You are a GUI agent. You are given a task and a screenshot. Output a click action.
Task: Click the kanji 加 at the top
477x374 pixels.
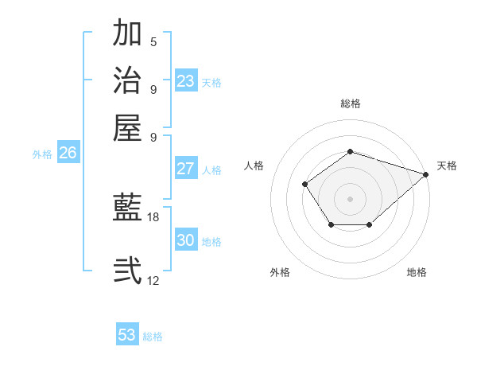tap(127, 33)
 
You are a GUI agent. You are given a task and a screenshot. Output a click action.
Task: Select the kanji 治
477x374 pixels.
tap(127, 80)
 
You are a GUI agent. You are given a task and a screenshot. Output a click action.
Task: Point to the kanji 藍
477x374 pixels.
tap(127, 208)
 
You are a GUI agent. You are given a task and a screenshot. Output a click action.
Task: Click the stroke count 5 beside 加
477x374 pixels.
tap(153, 41)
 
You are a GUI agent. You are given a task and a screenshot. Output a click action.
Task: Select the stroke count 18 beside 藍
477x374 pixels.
tap(153, 216)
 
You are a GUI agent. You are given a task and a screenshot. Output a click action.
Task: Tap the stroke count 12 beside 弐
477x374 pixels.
tap(153, 279)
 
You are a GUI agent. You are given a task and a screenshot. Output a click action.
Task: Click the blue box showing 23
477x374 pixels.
tap(186, 81)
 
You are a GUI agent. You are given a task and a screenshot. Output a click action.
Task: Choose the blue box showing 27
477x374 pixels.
tap(186, 169)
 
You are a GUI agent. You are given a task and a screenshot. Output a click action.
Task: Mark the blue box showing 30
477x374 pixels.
tap(186, 240)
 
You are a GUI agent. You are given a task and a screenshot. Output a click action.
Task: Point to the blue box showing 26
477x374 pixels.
tap(68, 153)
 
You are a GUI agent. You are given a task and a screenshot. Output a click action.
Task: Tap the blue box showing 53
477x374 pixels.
tap(127, 335)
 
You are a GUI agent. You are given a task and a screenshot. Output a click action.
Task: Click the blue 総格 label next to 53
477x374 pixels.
tap(153, 337)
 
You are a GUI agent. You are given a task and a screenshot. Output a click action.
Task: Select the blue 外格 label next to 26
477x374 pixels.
tap(42, 154)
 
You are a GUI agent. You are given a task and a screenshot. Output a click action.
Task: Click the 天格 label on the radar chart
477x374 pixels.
tap(447, 166)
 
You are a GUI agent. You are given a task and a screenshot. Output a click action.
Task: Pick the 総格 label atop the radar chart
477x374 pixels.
tap(351, 103)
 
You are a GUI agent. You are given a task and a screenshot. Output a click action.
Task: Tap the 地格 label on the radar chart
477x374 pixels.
tap(417, 272)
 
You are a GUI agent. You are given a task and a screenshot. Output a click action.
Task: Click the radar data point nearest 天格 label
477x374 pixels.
tap(426, 175)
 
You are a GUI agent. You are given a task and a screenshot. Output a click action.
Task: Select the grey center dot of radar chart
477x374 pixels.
tap(350, 198)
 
